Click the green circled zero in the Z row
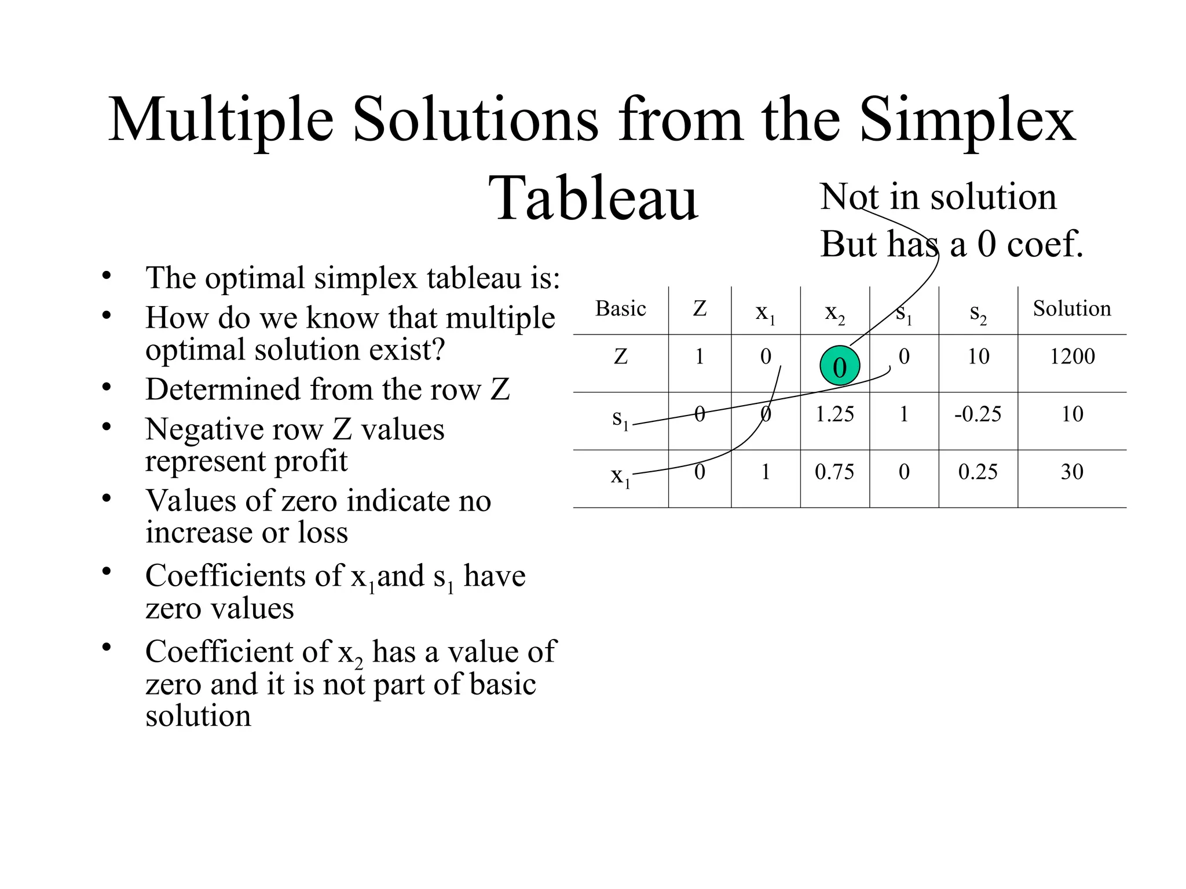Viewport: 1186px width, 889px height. click(x=839, y=366)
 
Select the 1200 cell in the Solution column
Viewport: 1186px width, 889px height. click(x=1072, y=357)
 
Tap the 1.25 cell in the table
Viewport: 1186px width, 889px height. click(x=834, y=414)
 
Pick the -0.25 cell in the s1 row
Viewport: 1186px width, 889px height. click(x=978, y=414)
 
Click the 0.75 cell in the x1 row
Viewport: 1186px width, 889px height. click(x=834, y=472)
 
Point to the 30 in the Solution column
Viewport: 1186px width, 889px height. click(x=1072, y=472)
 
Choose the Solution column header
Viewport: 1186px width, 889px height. click(x=1072, y=308)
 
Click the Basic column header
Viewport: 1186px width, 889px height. click(x=620, y=308)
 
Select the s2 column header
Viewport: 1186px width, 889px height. click(x=978, y=313)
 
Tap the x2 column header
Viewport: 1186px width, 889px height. click(x=834, y=313)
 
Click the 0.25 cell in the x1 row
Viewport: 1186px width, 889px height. click(x=978, y=472)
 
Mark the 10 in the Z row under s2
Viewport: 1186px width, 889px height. click(x=978, y=357)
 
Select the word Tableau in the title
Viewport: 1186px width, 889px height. click(x=593, y=199)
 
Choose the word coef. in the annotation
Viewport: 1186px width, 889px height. click(x=1045, y=244)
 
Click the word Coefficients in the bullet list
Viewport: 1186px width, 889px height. click(x=244, y=576)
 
